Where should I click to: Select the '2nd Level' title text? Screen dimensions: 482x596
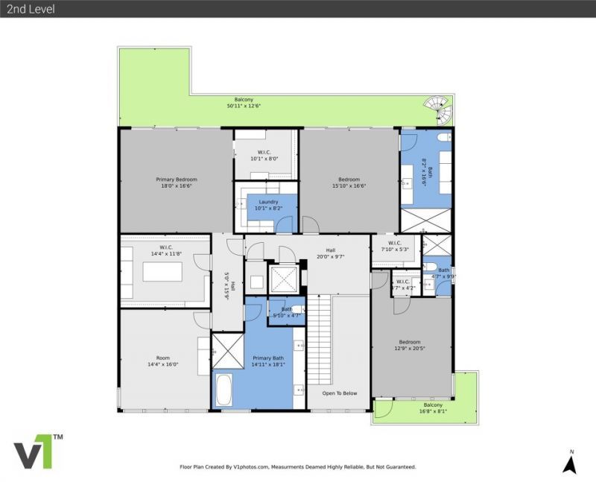(29, 9)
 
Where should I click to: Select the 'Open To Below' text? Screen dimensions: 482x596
(339, 393)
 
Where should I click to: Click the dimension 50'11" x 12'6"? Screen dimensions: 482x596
(244, 106)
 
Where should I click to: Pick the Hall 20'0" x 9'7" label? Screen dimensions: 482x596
(331, 253)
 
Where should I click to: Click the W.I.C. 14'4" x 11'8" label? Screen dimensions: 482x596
(166, 250)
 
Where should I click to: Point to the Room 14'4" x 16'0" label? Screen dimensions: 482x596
(163, 361)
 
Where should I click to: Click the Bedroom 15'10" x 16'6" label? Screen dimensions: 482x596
(349, 183)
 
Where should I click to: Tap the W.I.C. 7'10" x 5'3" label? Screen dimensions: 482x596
(395, 245)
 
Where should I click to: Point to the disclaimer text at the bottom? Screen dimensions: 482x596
(297, 467)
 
